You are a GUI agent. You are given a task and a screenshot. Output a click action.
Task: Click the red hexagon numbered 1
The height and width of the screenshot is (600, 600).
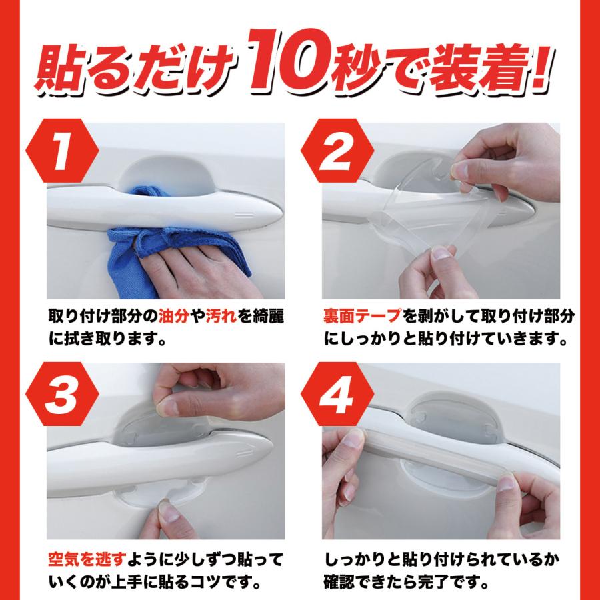(62, 151)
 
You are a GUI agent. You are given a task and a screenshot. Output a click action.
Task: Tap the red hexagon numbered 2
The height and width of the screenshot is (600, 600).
(337, 151)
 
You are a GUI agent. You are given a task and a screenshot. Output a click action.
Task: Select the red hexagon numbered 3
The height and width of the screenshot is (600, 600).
(62, 394)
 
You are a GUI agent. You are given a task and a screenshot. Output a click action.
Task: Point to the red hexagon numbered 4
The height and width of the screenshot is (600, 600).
(337, 394)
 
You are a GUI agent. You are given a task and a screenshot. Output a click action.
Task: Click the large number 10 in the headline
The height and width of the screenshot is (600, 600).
(288, 61)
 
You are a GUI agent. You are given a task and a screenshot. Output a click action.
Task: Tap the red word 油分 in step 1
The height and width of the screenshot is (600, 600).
(173, 317)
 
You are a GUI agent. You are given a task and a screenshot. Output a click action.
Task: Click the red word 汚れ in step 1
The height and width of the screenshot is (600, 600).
(221, 317)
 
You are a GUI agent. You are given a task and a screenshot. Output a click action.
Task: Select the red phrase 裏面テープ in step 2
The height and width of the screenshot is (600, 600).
(361, 317)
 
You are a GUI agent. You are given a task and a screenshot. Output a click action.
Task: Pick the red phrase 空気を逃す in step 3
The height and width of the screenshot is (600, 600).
(87, 560)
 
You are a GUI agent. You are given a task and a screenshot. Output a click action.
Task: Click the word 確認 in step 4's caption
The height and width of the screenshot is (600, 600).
(339, 583)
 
